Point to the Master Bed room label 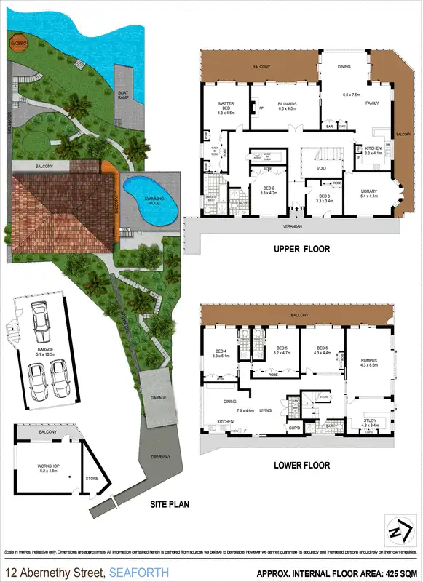tap(226, 107)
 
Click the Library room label tap(369, 194)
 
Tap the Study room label tap(371, 422)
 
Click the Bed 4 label tap(221, 354)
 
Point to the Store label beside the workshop tap(92, 478)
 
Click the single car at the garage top tap(40, 318)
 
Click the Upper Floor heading tap(302, 249)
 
